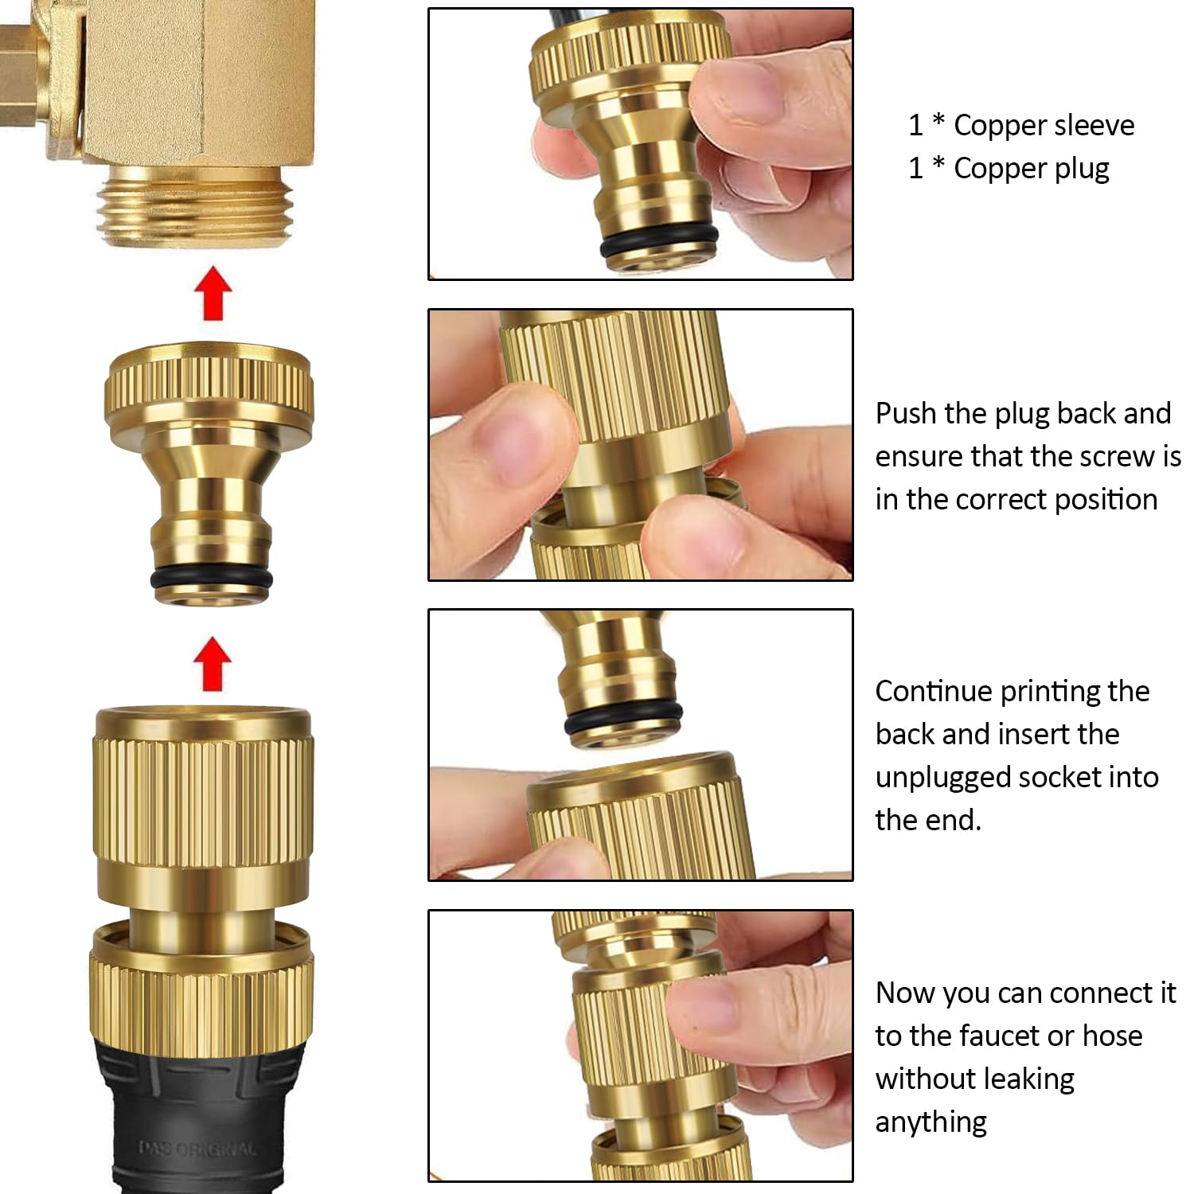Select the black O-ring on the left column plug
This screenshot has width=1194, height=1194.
(212, 579)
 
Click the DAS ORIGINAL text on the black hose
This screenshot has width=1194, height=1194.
(198, 1149)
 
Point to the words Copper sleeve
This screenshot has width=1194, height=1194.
(1044, 126)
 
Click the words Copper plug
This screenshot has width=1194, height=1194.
(1031, 169)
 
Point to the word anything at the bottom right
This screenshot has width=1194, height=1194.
(931, 1122)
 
